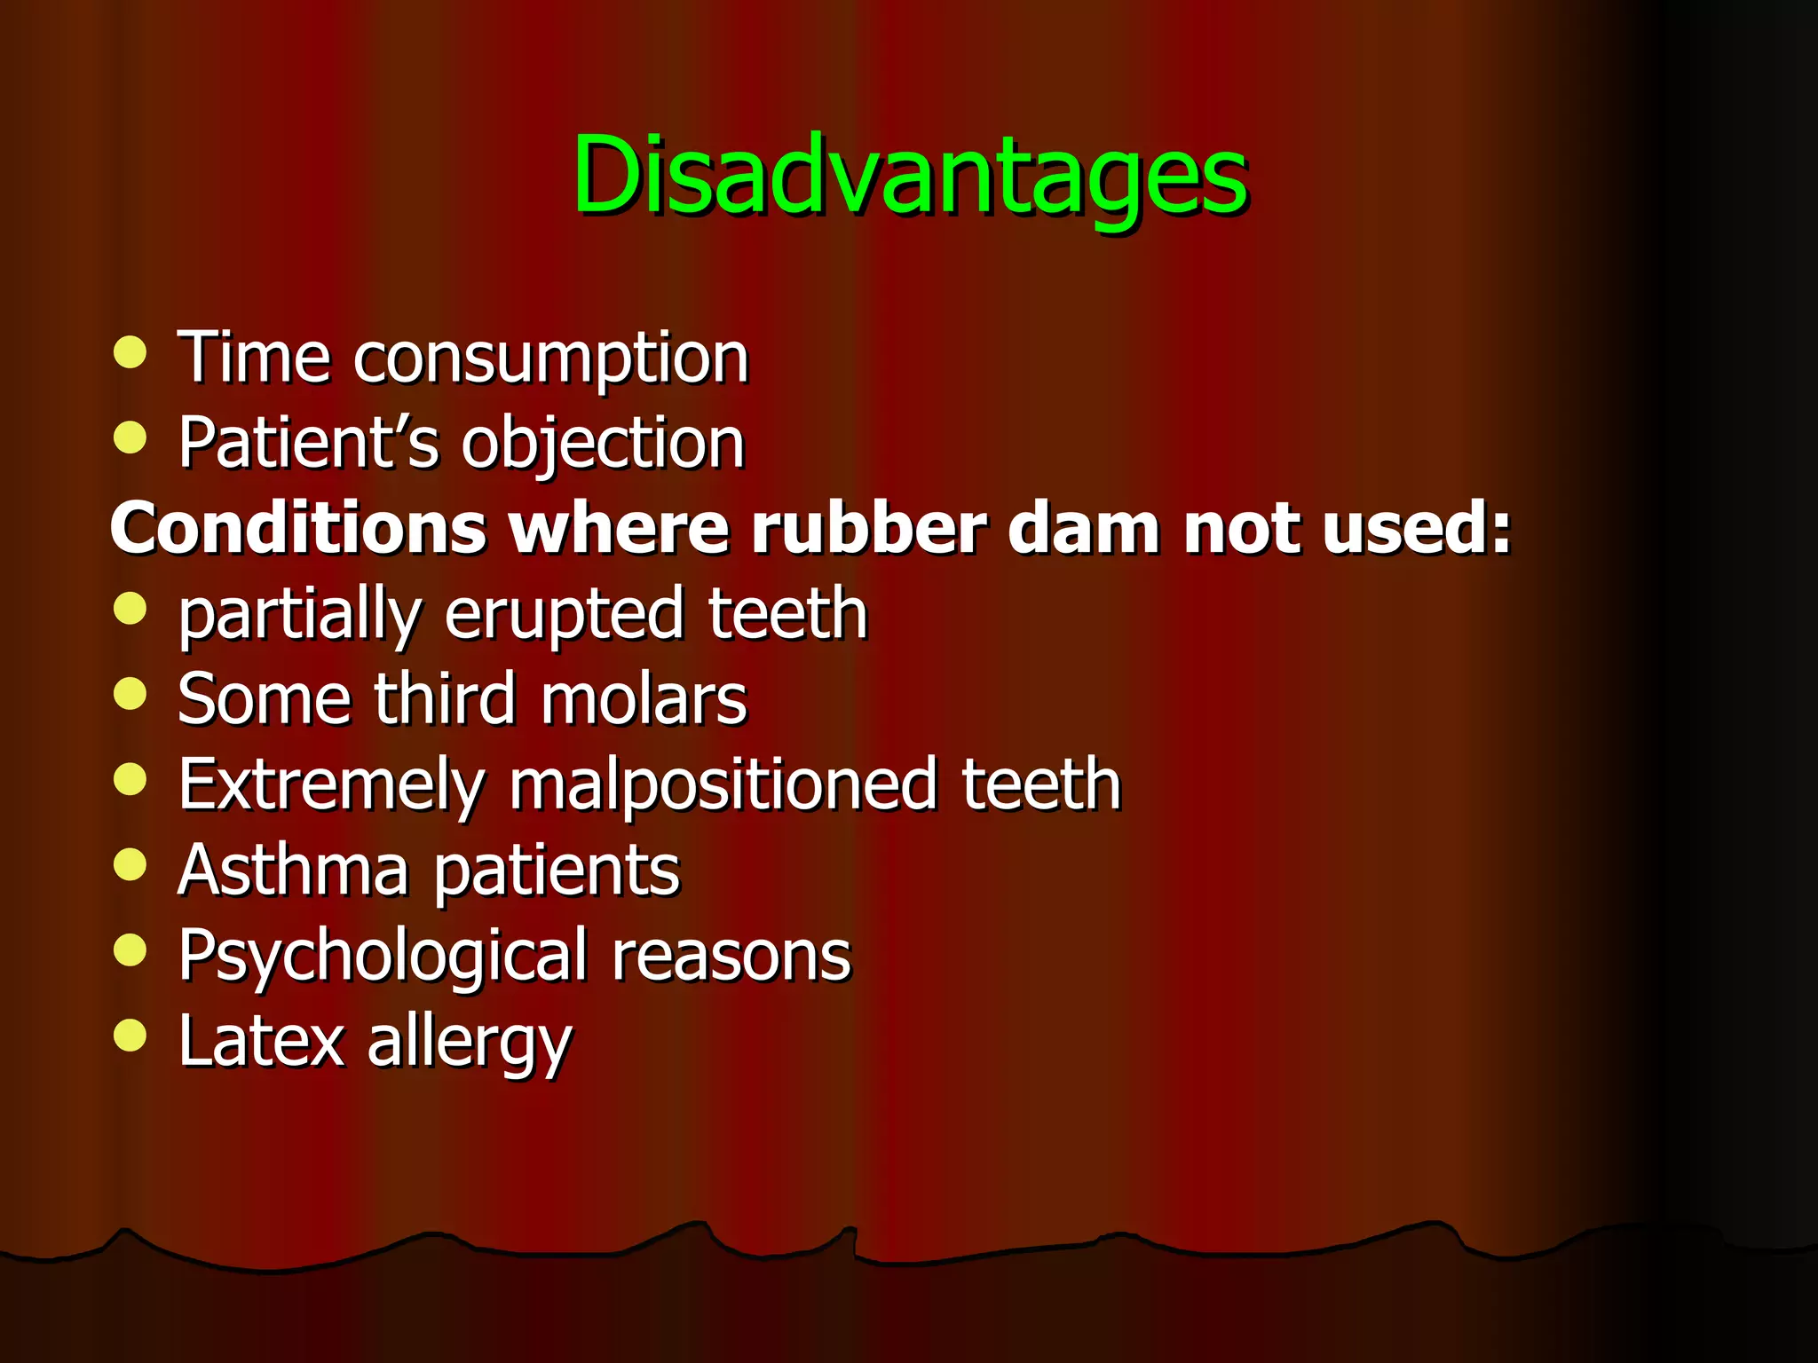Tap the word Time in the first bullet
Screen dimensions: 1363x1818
point(254,357)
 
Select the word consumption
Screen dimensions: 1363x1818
point(550,359)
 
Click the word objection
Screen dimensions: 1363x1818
point(603,444)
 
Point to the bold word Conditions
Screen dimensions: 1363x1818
point(298,528)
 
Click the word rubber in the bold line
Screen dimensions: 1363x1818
point(869,528)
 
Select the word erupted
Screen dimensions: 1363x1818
point(564,615)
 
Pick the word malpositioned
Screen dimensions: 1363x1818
point(723,785)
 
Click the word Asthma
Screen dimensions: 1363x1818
point(293,870)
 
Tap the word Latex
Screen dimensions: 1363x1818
point(260,1040)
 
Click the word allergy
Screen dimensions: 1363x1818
point(470,1044)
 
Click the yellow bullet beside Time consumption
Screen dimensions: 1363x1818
point(130,352)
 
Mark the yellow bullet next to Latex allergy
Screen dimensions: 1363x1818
point(130,1035)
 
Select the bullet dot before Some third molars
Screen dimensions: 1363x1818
point(130,694)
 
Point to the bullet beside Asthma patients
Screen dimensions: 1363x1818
point(130,864)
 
